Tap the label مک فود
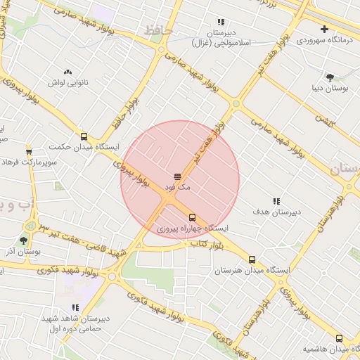pos(176,188)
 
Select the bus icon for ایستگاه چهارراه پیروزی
pos(193,217)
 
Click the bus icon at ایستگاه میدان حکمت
pos(84,136)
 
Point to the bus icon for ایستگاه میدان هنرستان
pos(252,259)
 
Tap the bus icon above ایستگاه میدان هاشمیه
pos(340,338)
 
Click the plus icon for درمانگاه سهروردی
pos(324,29)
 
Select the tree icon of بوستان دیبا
pos(330,77)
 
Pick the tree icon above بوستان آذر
pos(23,240)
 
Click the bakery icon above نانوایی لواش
pos(68,72)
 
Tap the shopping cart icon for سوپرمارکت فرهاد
pos(29,151)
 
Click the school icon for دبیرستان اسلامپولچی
pos(221,22)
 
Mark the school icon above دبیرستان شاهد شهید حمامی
pos(75,307)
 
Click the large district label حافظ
pos(159,31)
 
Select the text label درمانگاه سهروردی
pos(323,40)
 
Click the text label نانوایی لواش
pos(67,83)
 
